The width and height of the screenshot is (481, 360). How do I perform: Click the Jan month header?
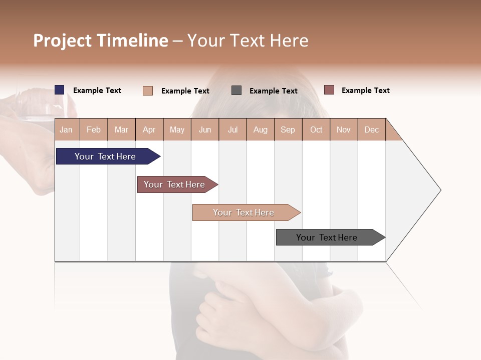66,129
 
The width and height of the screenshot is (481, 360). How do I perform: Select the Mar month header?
121,129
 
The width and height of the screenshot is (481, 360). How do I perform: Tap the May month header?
177,129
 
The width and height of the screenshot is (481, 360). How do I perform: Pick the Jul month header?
232,129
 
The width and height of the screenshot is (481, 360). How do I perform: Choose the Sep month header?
288,129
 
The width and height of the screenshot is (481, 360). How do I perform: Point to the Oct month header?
316,129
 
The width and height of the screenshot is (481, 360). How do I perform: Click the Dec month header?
371,129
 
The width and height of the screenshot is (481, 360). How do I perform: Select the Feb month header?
94,129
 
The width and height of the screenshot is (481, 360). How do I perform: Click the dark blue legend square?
60,90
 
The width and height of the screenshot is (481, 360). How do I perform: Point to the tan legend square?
148,90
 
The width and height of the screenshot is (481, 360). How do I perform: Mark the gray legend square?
236,90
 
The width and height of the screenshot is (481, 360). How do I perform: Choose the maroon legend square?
329,90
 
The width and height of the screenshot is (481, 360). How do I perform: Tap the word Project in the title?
63,40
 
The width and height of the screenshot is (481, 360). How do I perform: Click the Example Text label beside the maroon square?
365,90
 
